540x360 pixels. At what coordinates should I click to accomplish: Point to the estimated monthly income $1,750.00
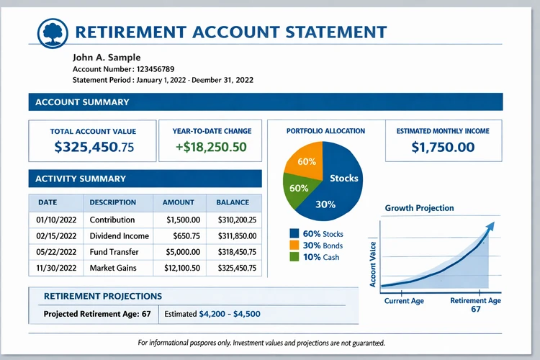pos(443,147)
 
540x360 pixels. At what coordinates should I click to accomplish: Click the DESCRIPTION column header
pos(113,202)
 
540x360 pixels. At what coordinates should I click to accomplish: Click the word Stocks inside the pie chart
pos(343,178)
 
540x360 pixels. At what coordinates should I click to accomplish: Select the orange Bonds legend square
pos(293,245)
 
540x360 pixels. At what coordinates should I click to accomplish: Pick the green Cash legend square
pos(293,257)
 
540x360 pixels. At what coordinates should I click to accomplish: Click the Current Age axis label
pos(403,300)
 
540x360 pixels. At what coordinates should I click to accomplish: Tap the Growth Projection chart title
pos(419,208)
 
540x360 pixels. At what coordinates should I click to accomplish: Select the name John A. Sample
pos(107,57)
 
